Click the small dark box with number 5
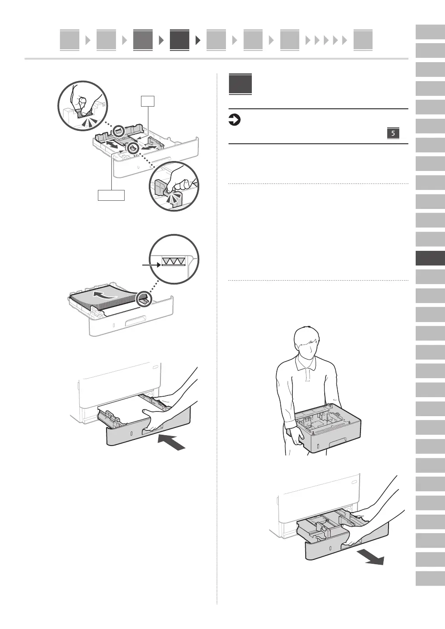click(393, 133)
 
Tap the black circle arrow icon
click(234, 120)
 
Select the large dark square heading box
click(240, 85)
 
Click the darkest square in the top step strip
click(179, 40)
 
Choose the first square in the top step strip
click(69, 40)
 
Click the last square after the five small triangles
click(363, 40)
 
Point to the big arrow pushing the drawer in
click(172, 443)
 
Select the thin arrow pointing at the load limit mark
click(151, 265)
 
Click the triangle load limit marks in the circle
click(173, 261)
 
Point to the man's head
click(307, 343)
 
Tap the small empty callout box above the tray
click(148, 101)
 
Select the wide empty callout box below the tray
click(111, 195)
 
